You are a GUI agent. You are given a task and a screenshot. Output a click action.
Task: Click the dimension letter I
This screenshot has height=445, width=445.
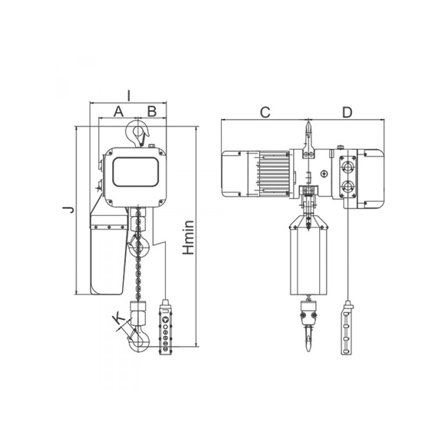(128, 96)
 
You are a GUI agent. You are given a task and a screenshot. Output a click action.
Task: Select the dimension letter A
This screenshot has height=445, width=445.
(118, 111)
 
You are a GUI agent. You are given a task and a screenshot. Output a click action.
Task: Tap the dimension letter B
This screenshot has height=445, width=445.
(152, 111)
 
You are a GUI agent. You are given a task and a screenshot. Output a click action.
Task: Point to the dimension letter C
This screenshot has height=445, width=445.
(265, 112)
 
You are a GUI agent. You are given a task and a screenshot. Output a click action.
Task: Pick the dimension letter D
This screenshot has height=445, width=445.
(347, 112)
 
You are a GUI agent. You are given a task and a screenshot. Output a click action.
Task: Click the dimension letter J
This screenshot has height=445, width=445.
(69, 210)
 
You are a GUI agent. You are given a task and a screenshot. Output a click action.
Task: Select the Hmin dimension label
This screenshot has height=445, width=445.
(188, 237)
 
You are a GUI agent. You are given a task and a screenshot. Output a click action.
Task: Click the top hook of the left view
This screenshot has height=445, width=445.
(137, 133)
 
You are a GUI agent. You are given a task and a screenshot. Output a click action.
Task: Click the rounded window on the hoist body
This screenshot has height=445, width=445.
(136, 171)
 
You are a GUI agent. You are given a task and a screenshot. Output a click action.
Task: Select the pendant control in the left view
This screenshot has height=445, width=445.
(165, 327)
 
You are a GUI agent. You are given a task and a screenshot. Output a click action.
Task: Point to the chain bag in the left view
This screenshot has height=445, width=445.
(107, 255)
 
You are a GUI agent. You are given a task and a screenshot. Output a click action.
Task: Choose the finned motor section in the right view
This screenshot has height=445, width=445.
(273, 174)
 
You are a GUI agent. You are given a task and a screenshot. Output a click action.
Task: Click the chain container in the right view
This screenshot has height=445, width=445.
(309, 255)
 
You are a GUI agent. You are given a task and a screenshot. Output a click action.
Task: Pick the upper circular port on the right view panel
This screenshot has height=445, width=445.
(347, 166)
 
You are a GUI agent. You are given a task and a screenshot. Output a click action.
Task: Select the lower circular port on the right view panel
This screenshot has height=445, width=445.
(347, 186)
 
